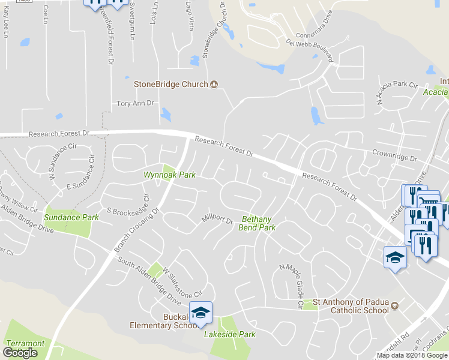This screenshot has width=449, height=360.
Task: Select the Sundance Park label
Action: (71, 217)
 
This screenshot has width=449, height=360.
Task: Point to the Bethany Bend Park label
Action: (257, 223)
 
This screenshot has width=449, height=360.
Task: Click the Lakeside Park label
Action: (230, 334)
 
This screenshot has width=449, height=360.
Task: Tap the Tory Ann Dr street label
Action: (135, 103)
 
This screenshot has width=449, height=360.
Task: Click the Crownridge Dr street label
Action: (394, 157)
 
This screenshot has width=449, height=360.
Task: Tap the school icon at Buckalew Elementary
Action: (200, 312)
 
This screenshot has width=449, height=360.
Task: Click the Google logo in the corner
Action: (20, 353)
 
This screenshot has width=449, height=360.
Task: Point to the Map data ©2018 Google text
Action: (412, 355)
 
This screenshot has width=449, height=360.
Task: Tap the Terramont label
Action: (25, 344)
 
